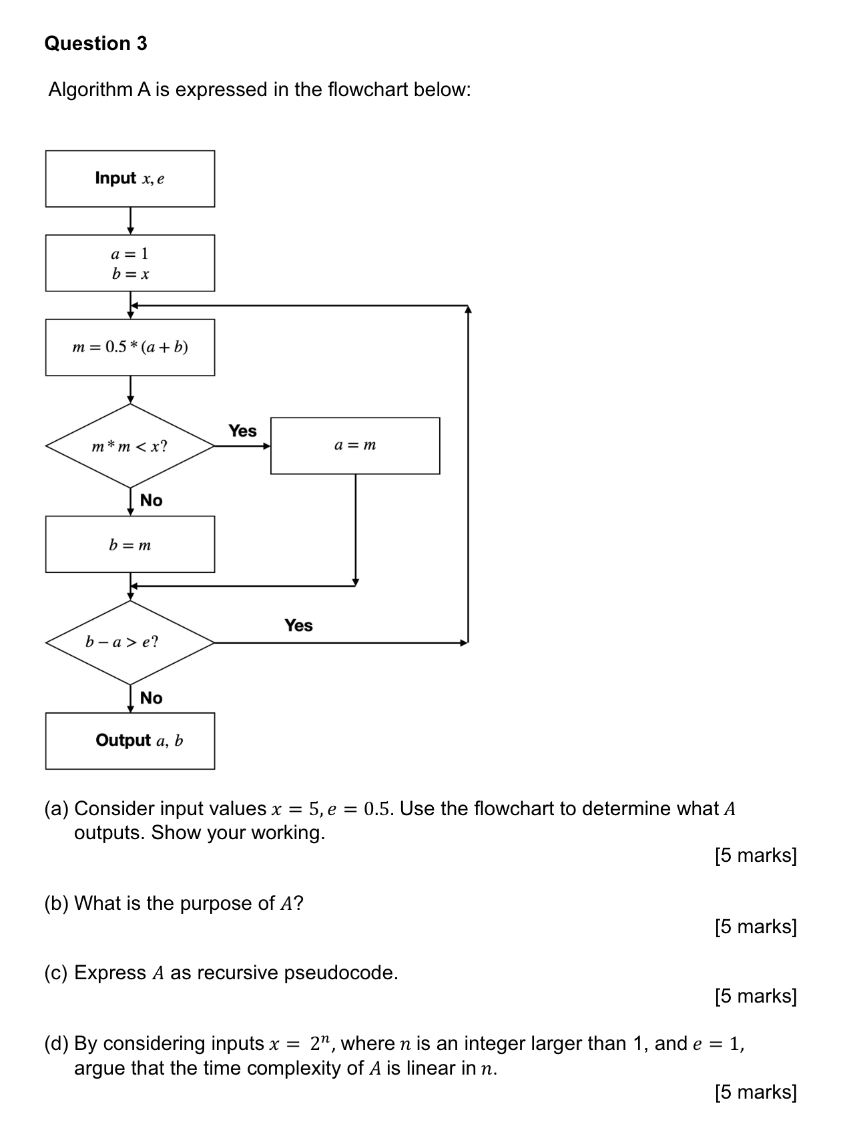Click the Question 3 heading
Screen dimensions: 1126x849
pyautogui.click(x=95, y=43)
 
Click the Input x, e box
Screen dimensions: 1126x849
pyautogui.click(x=130, y=179)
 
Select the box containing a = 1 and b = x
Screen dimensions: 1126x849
pyautogui.click(x=130, y=263)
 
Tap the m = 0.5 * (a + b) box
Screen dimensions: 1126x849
pyautogui.click(x=130, y=347)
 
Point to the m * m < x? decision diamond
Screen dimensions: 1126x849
pyautogui.click(x=130, y=446)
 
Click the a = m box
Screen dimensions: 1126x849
pyautogui.click(x=355, y=446)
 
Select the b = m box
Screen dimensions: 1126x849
pyautogui.click(x=130, y=544)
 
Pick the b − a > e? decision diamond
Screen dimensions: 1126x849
pyautogui.click(x=130, y=642)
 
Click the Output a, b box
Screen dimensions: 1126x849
pyautogui.click(x=130, y=741)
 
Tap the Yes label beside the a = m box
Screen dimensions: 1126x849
pyautogui.click(x=242, y=431)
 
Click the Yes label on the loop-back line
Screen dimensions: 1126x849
pyautogui.click(x=298, y=626)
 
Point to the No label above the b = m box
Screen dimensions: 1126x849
pyautogui.click(x=152, y=500)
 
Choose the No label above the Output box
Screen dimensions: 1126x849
pyautogui.click(x=152, y=698)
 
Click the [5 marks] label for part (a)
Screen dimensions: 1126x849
pyautogui.click(x=756, y=855)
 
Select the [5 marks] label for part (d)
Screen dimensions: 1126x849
pyautogui.click(x=756, y=1092)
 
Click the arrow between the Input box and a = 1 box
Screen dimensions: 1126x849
pyautogui.click(x=131, y=221)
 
